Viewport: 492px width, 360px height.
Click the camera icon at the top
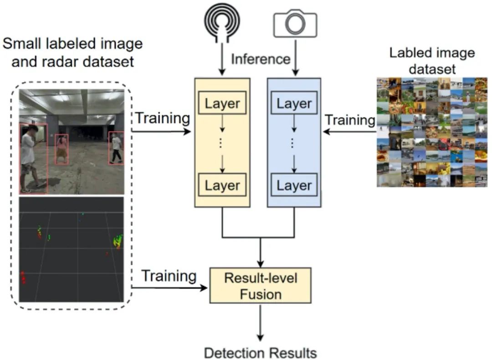point(295,24)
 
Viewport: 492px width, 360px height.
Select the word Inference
point(260,59)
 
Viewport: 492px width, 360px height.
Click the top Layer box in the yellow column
point(222,103)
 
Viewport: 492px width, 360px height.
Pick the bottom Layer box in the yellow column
point(222,185)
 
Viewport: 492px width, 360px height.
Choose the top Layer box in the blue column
point(294,103)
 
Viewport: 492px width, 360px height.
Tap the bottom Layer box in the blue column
point(294,185)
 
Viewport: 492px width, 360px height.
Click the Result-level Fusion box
point(260,285)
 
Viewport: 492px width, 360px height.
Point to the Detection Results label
point(260,353)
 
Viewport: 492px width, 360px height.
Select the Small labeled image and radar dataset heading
point(73,52)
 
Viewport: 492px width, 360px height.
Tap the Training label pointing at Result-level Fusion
point(169,276)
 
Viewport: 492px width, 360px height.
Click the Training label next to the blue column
point(349,120)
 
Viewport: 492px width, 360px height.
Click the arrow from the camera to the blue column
point(295,57)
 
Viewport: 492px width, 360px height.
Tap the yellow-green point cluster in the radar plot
point(118,240)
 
